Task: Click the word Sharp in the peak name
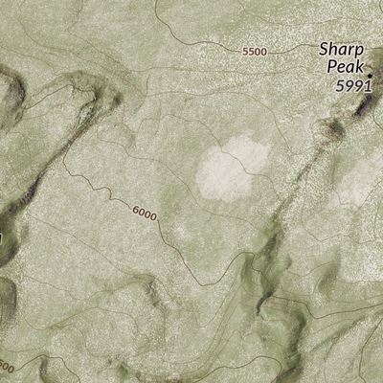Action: pos(342,49)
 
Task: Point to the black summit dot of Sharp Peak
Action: pos(370,75)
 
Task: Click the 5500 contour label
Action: pos(254,51)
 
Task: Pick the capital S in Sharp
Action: pos(324,49)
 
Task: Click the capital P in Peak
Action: pos(330,66)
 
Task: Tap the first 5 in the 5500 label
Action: pos(245,51)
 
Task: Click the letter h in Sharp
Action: pos(335,49)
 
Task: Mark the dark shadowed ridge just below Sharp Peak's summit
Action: pos(362,108)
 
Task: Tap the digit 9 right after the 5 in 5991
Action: pos(348,85)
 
